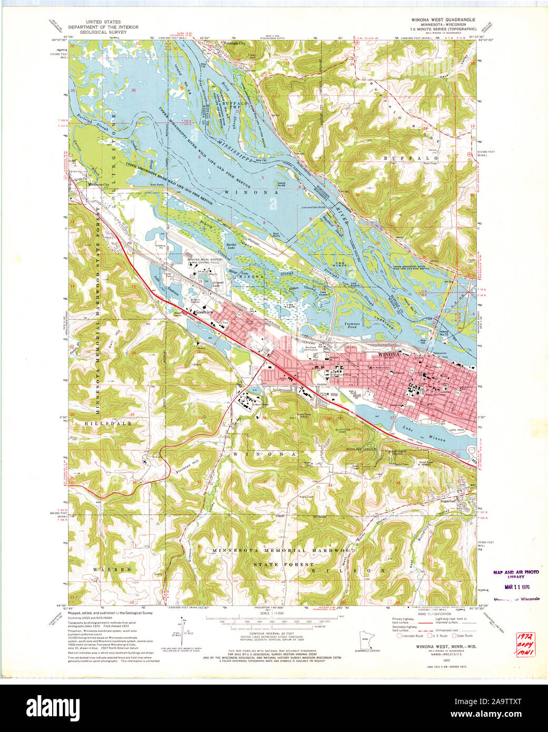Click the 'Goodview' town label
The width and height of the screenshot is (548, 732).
(x=203, y=312)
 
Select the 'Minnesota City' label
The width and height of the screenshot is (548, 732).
(x=99, y=185)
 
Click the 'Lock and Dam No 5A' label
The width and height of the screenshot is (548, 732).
(x=314, y=207)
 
